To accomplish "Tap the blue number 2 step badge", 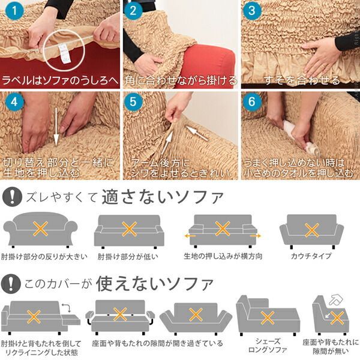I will coord(134,11).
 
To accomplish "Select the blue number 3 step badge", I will coord(252,11).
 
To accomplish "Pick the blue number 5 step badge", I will coord(134,101).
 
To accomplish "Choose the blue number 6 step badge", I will coord(252,101).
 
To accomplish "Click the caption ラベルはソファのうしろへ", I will coord(60,79).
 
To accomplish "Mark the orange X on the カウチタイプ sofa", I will coord(311,230).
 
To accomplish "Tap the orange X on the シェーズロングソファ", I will coord(266,316).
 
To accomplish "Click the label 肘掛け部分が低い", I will coord(130,256).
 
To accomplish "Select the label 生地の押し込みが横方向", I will coord(223,256).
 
